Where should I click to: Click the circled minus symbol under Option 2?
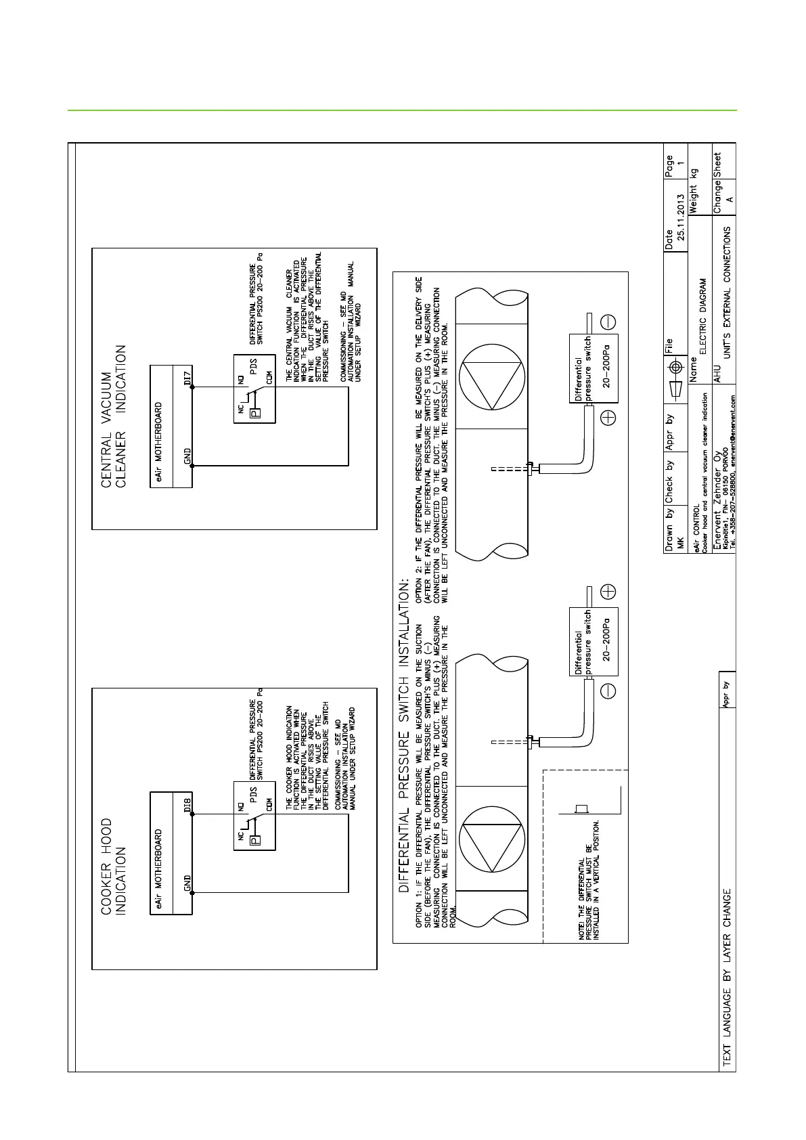[x=608, y=322]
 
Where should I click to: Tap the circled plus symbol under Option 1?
[x=608, y=592]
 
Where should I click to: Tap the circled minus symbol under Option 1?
[x=608, y=690]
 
